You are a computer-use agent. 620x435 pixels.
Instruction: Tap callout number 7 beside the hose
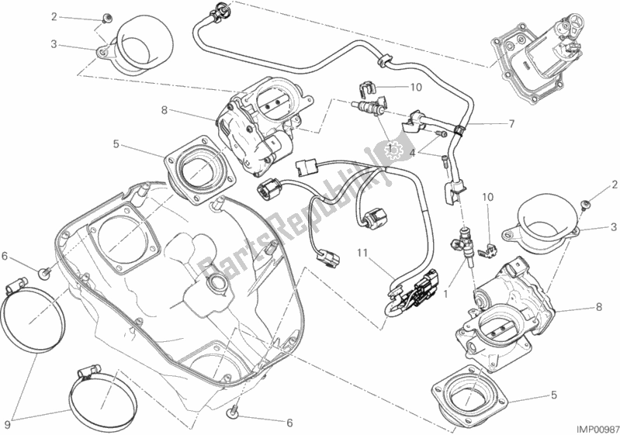pos(512,124)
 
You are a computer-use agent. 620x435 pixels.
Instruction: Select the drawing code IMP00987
pos(586,426)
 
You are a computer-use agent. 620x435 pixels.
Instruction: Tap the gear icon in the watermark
pos(393,149)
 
